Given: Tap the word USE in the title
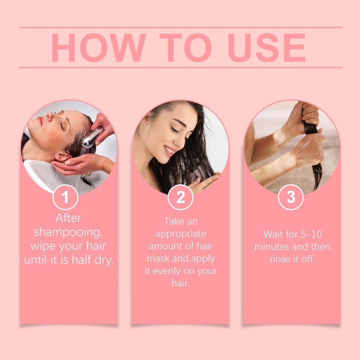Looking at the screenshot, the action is pyautogui.click(x=266, y=47).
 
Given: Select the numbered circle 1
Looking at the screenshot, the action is pyautogui.click(x=65, y=197).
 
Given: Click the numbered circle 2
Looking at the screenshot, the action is pyautogui.click(x=180, y=197).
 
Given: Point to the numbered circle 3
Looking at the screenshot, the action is pyautogui.click(x=291, y=197).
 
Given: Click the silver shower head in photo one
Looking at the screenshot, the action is pyautogui.click(x=92, y=139).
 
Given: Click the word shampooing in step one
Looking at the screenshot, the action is pyautogui.click(x=68, y=232).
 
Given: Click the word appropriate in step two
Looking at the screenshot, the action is pyautogui.click(x=181, y=234).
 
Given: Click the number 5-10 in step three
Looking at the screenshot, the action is pyautogui.click(x=311, y=234).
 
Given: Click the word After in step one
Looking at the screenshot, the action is pyautogui.click(x=68, y=218).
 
